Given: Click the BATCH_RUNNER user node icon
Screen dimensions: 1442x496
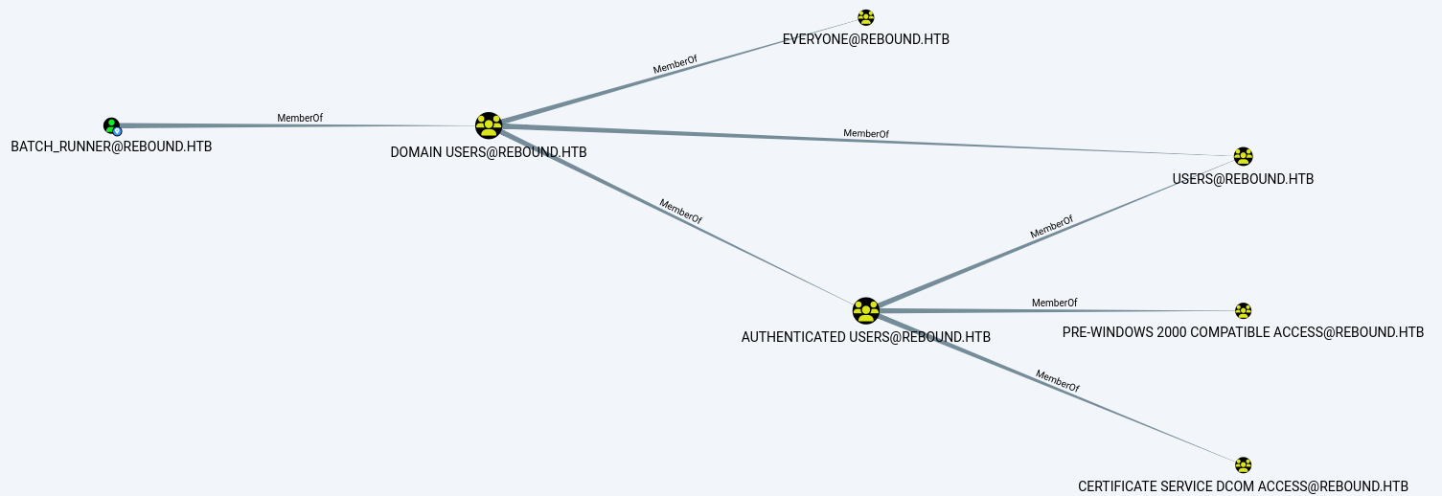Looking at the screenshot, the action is click(x=112, y=126).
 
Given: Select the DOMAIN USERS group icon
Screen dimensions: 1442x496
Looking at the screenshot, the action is click(x=489, y=125).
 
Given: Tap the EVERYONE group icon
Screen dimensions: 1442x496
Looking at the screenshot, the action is click(x=866, y=17).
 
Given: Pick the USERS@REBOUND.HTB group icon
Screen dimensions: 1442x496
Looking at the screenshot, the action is click(x=1243, y=156).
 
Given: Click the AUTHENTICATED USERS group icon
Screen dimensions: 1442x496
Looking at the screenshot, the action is click(x=866, y=311).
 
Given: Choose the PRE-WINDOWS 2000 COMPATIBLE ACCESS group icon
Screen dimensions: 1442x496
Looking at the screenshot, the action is click(x=1243, y=311).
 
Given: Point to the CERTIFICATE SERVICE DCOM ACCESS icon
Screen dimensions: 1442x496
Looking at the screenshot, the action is click(x=1243, y=465).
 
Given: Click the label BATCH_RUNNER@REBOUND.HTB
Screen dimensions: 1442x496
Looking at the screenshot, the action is click(x=111, y=147).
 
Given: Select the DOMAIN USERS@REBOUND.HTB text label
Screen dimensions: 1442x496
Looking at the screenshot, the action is click(x=489, y=152).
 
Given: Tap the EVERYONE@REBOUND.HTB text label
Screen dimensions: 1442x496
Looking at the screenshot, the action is click(x=866, y=39).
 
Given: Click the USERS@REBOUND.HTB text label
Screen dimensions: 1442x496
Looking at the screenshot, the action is click(x=1243, y=179).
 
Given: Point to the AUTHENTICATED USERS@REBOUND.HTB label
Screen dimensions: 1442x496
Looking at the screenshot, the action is click(x=866, y=337).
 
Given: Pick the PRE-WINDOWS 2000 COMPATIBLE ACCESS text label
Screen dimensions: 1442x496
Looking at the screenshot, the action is click(x=1243, y=332).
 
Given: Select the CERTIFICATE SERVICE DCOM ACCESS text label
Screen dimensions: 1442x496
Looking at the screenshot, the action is click(x=1243, y=486).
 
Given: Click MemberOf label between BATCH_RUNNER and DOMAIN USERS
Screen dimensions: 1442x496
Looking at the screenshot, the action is click(x=300, y=119).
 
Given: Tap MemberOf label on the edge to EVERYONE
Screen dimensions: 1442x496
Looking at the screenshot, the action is click(x=675, y=65).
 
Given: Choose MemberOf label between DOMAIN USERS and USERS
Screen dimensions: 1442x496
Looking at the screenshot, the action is click(x=866, y=134).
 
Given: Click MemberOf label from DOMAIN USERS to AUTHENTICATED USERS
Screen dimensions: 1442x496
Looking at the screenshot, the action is click(x=680, y=212).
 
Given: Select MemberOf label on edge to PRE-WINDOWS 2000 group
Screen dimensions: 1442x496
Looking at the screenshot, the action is click(x=1055, y=303).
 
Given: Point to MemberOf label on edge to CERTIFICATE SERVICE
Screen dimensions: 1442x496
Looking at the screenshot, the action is click(x=1058, y=381).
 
